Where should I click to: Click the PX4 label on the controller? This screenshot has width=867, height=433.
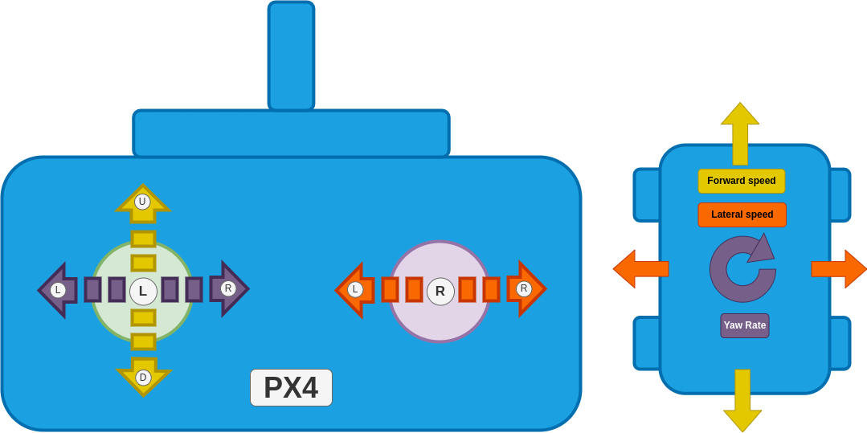point(291,388)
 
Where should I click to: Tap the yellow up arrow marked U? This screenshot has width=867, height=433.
point(143,202)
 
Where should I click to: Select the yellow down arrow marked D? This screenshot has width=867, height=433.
point(143,376)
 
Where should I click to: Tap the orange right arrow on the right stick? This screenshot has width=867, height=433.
point(524,288)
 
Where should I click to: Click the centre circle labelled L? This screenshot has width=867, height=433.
point(143,291)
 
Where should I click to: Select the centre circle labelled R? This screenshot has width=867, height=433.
point(440,291)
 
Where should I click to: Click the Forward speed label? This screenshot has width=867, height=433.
point(741,181)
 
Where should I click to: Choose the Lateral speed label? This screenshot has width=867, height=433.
point(742,214)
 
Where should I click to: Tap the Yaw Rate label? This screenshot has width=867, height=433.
point(745,325)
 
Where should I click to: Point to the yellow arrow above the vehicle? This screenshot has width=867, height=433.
point(740,133)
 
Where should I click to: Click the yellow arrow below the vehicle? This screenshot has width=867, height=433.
point(742,400)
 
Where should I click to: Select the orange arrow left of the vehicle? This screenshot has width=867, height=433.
point(640,268)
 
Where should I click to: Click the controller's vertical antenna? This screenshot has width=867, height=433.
point(291,55)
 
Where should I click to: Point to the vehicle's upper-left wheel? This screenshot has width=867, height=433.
point(646,194)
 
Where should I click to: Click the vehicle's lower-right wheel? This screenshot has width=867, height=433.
point(840,343)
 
